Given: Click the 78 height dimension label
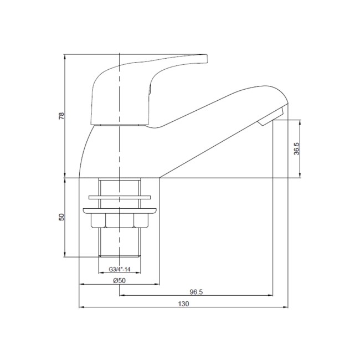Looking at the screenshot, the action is click(61, 116).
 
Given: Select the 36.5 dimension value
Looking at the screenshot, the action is click(297, 149).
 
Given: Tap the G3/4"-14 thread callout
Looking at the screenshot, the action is click(120, 269).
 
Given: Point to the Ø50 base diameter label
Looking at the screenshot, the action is click(120, 280).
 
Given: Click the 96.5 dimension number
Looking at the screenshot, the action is click(196, 292).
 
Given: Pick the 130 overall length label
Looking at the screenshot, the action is click(183, 304).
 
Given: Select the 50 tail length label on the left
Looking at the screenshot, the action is click(61, 217).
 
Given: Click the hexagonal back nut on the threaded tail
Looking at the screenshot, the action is click(120, 220).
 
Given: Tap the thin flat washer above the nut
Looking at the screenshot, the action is click(120, 198).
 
